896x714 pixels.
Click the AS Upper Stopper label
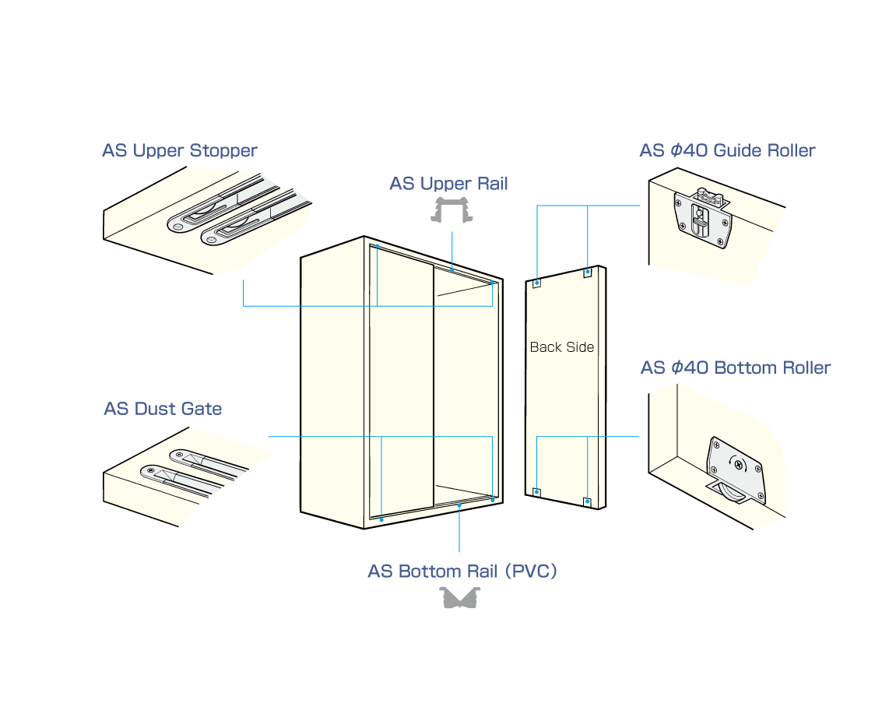[179, 150]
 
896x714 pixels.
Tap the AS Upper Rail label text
[448, 184]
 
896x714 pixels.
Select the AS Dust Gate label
[163, 409]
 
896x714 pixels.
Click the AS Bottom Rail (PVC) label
[462, 571]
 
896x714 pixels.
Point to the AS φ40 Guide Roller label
[727, 150]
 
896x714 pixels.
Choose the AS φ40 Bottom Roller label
[736, 368]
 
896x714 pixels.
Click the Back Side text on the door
[561, 347]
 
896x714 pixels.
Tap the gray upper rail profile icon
[452, 210]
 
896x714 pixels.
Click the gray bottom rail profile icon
[460, 598]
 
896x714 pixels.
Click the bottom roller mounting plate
[736, 466]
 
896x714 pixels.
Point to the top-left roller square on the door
[537, 283]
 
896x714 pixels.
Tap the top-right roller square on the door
[587, 273]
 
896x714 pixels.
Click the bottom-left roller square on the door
[536, 491]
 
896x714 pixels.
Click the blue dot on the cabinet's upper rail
[452, 270]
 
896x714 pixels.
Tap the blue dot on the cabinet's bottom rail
[459, 505]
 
